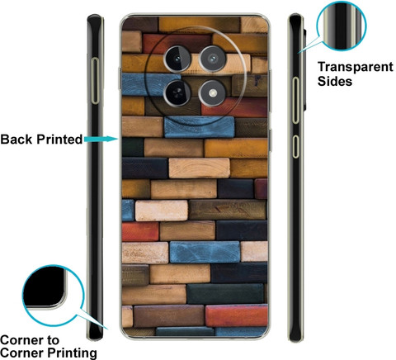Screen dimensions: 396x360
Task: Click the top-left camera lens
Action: click(177, 59)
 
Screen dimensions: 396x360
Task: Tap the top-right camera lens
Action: click(213, 59)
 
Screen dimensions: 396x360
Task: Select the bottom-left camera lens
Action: click(177, 92)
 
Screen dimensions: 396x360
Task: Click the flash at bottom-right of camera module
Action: click(212, 93)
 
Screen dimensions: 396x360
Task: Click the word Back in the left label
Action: click(16, 140)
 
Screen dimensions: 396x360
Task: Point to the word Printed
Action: click(59, 140)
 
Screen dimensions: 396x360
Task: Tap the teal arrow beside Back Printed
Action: click(101, 139)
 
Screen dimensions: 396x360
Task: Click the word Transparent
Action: click(356, 67)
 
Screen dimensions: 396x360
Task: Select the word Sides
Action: click(335, 82)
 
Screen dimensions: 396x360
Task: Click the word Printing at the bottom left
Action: click(73, 353)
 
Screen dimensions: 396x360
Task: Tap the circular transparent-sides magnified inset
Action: click(341, 26)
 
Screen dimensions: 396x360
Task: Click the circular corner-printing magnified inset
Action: click(53, 296)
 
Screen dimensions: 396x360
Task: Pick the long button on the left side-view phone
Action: click(95, 81)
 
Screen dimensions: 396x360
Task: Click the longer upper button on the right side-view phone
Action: click(295, 100)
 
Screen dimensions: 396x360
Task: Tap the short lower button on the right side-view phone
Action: click(295, 146)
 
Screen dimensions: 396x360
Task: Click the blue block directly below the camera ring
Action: click(199, 127)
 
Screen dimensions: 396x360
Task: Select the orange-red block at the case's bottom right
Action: click(237, 315)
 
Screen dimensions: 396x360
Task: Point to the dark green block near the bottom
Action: click(225, 294)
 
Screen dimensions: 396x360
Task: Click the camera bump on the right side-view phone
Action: click(305, 69)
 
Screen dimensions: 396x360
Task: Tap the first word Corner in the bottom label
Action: click(30, 340)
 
